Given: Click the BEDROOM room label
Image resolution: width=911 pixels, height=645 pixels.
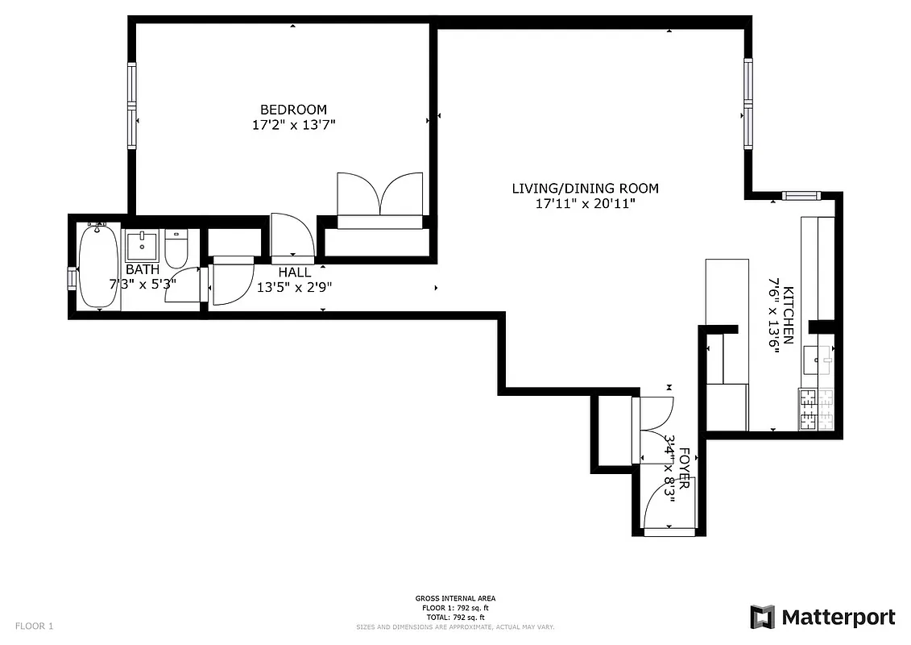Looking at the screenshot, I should (x=293, y=110).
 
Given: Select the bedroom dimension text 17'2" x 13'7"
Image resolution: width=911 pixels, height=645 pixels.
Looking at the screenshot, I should (x=293, y=125).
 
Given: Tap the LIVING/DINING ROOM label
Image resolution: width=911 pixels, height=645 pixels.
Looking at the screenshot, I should (x=585, y=189).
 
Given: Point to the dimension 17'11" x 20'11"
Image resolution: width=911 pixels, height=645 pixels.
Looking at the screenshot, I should (x=585, y=204).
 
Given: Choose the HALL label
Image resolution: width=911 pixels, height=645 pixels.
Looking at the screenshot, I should (x=294, y=273).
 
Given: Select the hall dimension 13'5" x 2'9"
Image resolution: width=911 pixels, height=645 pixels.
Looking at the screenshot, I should (x=294, y=286).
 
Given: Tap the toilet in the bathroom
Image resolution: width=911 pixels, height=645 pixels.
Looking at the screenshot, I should (x=176, y=248).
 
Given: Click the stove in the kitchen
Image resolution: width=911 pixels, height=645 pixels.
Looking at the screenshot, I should (x=818, y=410).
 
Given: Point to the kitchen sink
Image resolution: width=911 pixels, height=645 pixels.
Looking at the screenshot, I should (x=820, y=355).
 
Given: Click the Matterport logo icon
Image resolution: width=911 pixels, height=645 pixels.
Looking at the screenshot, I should (x=762, y=618).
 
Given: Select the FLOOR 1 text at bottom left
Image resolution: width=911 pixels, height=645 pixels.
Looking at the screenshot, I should (x=34, y=626).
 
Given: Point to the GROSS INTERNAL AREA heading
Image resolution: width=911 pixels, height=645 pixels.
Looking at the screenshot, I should (x=455, y=598).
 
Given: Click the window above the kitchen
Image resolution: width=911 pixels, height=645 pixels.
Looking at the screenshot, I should (x=800, y=195).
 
